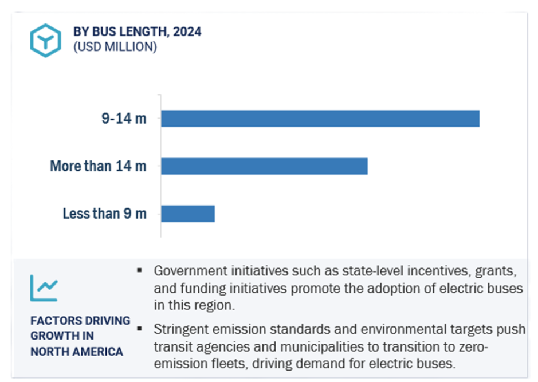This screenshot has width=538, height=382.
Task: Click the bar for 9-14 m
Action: click(320, 119)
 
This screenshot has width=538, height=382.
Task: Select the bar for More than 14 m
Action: click(264, 166)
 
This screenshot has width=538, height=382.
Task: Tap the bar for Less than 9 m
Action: click(187, 214)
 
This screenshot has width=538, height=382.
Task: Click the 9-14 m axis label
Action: click(124, 119)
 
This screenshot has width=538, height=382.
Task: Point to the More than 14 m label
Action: click(98, 166)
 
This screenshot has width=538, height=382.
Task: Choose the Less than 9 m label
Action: click(104, 214)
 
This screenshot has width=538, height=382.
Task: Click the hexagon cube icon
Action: click(45, 40)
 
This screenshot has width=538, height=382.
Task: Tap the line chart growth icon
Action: click(44, 288)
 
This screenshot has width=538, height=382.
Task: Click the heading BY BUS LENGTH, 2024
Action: click(137, 31)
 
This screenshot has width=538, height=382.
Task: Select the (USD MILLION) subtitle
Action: click(115, 47)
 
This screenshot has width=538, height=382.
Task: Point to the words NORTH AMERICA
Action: click(77, 351)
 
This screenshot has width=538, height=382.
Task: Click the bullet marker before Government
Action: click(140, 269)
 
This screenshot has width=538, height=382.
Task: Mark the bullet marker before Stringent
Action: click(140, 329)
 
